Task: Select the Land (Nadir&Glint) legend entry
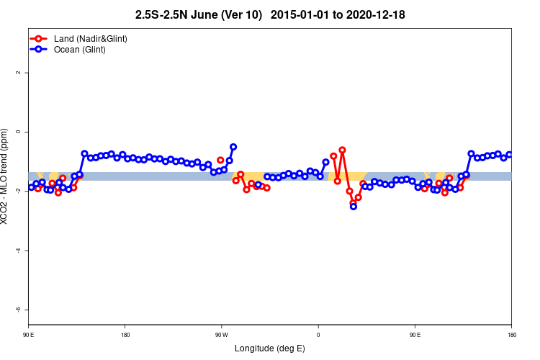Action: point(79,38)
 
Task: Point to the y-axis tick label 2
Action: point(19,73)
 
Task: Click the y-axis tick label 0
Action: point(19,132)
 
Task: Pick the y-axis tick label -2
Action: point(19,192)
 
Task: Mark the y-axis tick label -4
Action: point(19,251)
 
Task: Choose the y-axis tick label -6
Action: point(19,310)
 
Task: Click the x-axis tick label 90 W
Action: point(221,335)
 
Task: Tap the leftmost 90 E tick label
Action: point(28,335)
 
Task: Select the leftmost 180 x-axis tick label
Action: point(125,335)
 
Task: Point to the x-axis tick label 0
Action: point(318,335)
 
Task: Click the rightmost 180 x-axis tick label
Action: point(511,335)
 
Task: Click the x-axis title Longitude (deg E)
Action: point(270,348)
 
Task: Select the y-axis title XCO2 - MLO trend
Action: point(6,176)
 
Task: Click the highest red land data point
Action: point(342,150)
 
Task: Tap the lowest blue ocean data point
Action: point(353,207)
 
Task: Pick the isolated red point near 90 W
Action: point(220,160)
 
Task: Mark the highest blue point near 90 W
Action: point(233,147)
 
